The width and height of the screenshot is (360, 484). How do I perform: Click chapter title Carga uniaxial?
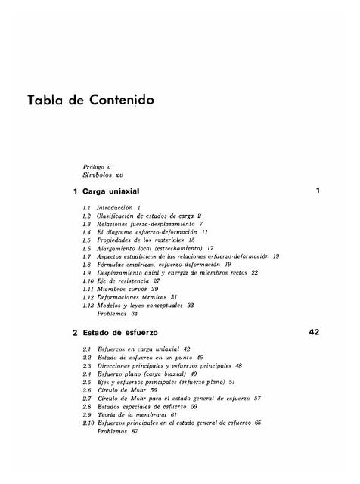point(115,191)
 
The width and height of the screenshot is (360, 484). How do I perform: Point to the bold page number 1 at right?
point(318,191)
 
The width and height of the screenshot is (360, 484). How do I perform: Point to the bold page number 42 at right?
point(315,332)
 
